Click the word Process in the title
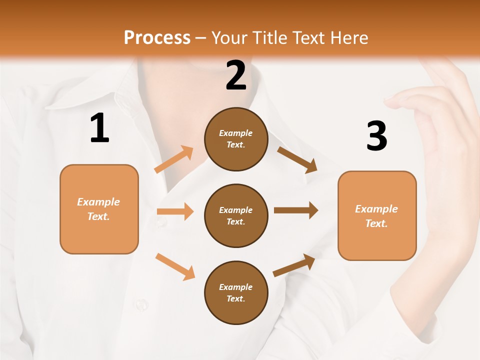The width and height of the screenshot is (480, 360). tap(157, 37)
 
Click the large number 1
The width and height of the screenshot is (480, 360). tap(99, 128)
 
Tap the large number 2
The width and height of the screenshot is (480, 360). tap(236, 76)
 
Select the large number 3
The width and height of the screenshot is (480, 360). tap(376, 136)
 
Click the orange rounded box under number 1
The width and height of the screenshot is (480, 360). tap(99, 209)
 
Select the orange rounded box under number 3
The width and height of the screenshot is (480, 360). tap(377, 215)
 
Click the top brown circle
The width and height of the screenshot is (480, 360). tap(236, 139)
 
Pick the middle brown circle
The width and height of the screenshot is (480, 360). tap(236, 215)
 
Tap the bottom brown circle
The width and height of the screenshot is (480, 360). tap(236, 292)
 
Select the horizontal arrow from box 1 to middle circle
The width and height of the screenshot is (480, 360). tap(175, 211)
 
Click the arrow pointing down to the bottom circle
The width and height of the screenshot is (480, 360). tap(175, 266)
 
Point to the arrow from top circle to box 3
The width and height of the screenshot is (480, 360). tap(297, 160)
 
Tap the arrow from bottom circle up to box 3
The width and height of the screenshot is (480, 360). tap(294, 265)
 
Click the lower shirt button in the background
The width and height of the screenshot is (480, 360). tap(141, 303)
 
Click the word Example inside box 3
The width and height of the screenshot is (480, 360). tap(376, 209)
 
